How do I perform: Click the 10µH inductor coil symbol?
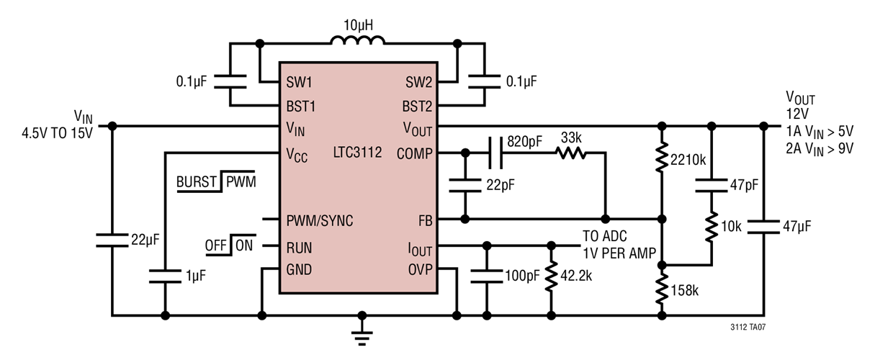pyautogui.click(x=357, y=42)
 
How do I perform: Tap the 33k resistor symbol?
pyautogui.click(x=570, y=153)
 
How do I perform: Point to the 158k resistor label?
pyautogui.click(x=684, y=290)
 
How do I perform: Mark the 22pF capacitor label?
pyautogui.click(x=500, y=185)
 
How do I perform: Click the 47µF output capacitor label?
pyautogui.click(x=796, y=226)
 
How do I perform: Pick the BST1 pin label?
pyautogui.click(x=301, y=107)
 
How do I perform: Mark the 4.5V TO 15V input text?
pyautogui.click(x=57, y=135)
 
